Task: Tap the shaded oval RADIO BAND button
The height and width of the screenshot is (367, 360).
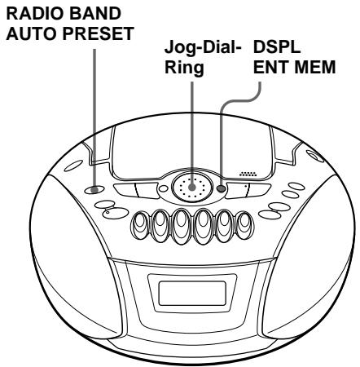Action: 98,190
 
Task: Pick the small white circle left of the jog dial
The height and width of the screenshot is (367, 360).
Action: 163,192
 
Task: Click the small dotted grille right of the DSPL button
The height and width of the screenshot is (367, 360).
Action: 249,175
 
